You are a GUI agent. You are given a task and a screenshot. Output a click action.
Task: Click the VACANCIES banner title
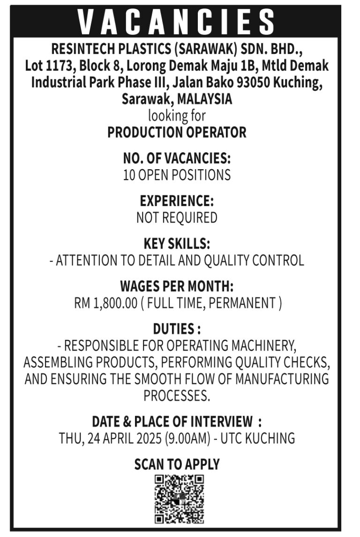point(177,22)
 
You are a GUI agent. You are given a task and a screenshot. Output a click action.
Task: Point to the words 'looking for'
point(177,115)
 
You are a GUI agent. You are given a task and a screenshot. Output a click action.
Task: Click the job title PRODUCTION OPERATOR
point(177,133)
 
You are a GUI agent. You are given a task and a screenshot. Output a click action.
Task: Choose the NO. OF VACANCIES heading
point(177,158)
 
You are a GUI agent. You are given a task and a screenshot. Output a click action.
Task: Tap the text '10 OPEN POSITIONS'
point(177,175)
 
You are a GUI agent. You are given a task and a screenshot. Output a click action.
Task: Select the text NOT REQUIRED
point(177,217)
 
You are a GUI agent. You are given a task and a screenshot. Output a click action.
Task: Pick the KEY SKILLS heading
point(177,244)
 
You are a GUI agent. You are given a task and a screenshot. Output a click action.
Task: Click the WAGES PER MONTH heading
point(177,286)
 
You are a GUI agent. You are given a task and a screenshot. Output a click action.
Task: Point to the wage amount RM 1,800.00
point(105,303)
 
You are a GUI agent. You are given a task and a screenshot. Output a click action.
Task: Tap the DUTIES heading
point(177,328)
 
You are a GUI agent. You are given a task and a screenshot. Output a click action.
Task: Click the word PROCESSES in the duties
point(177,396)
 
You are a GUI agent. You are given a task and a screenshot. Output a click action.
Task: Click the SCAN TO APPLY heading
point(177,464)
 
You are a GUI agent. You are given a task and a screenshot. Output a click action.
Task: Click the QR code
point(180,499)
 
